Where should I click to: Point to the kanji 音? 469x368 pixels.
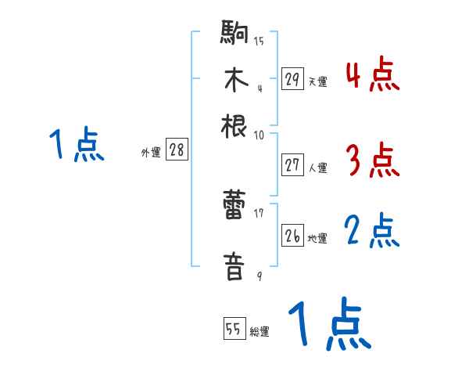234,265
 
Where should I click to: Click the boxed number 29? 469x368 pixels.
292,79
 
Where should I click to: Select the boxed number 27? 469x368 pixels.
292,165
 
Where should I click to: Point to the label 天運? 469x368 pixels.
317,81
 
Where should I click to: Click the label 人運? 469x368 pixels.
317,168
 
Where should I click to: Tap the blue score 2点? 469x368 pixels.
372,232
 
